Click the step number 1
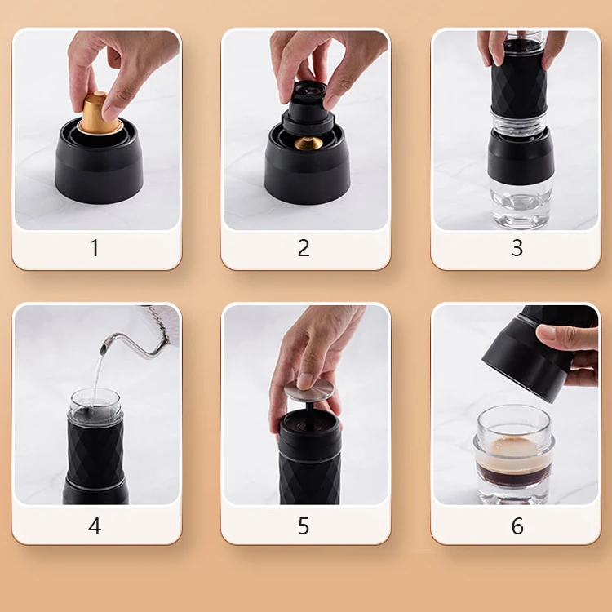(x=95, y=247)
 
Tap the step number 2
(x=304, y=247)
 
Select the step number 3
(x=517, y=247)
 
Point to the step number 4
(x=95, y=526)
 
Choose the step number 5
(x=304, y=526)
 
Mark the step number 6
(x=517, y=526)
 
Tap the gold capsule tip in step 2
(x=308, y=143)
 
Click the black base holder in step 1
(x=99, y=164)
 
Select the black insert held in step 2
(x=308, y=108)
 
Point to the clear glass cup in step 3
(x=521, y=204)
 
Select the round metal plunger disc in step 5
(x=309, y=391)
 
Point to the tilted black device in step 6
(x=534, y=353)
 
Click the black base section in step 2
(x=308, y=168)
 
